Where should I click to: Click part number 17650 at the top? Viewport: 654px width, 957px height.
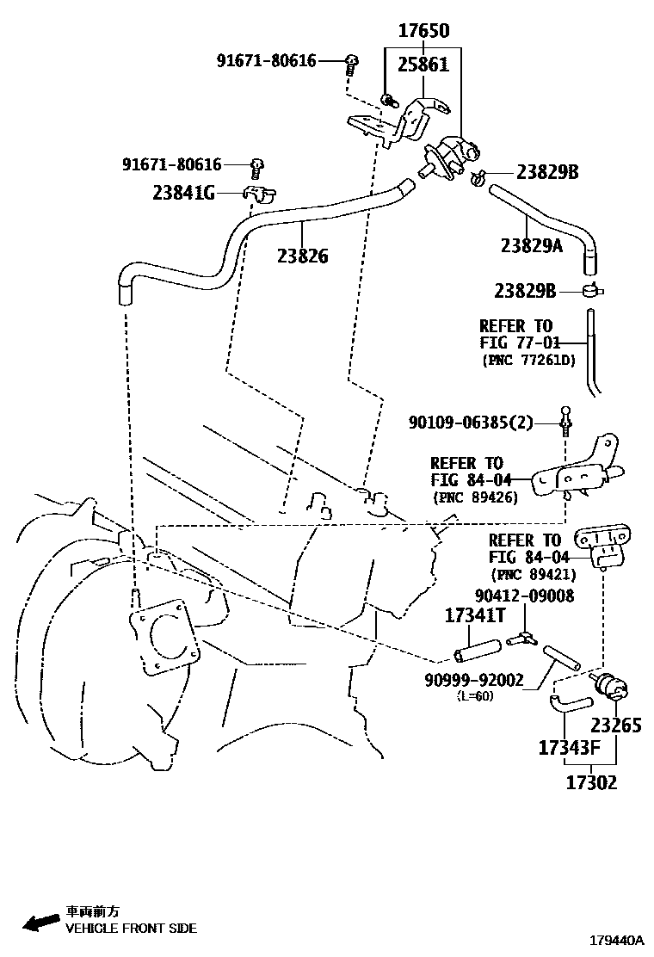tap(423, 31)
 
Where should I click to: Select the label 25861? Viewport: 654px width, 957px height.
tap(423, 64)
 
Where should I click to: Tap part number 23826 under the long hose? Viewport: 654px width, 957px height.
tap(302, 256)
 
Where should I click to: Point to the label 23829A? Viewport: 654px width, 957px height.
tap(531, 246)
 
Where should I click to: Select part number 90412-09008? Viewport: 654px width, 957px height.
tap(524, 596)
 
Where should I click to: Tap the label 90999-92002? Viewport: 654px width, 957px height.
tap(473, 680)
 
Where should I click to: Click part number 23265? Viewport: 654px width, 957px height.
tap(615, 725)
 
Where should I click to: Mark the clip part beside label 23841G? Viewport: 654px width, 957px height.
tap(256, 194)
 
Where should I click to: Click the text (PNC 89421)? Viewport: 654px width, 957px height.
tap(533, 575)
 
